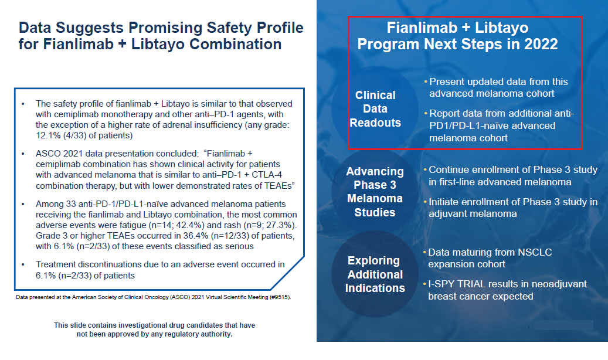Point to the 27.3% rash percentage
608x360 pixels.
click(x=277, y=225)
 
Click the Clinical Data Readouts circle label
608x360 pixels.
click(x=375, y=109)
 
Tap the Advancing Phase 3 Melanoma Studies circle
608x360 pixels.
click(x=375, y=192)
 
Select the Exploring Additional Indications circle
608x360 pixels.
click(x=375, y=274)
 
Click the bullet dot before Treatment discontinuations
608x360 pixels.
click(x=22, y=265)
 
